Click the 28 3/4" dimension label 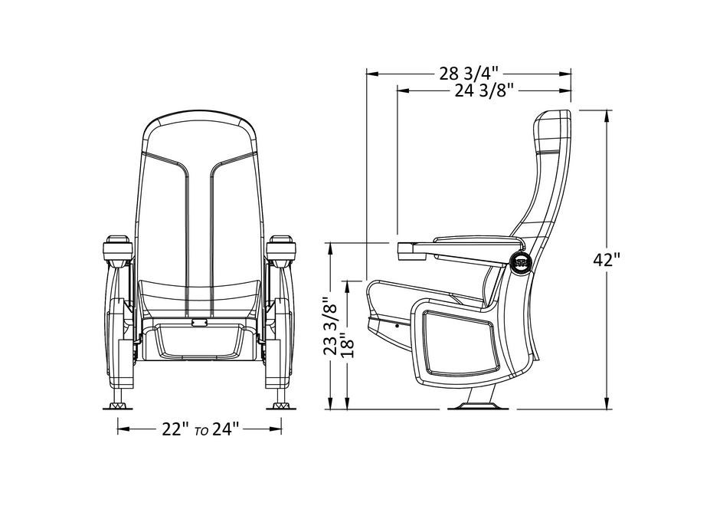pos(469,74)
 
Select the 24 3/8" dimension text pos(485,91)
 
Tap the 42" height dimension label pos(607,260)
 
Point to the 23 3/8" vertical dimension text pos(330,325)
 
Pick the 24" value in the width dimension pos(225,429)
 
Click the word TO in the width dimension pos(201,432)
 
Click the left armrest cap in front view pos(118,248)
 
